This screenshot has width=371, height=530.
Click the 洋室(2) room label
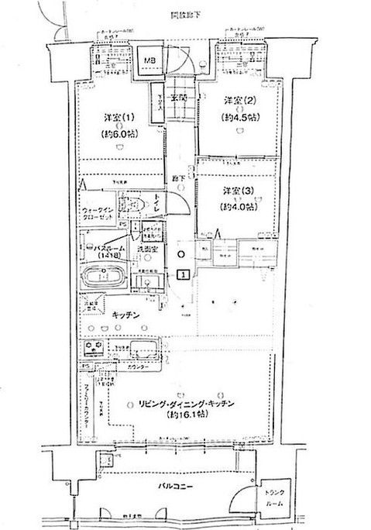(237, 102)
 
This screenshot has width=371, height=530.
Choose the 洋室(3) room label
(237, 191)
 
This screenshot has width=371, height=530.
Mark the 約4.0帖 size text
(237, 205)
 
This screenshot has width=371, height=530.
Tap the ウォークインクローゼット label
(99, 214)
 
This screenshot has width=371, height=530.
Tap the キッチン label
(125, 315)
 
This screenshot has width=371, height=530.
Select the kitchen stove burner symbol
(101, 346)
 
